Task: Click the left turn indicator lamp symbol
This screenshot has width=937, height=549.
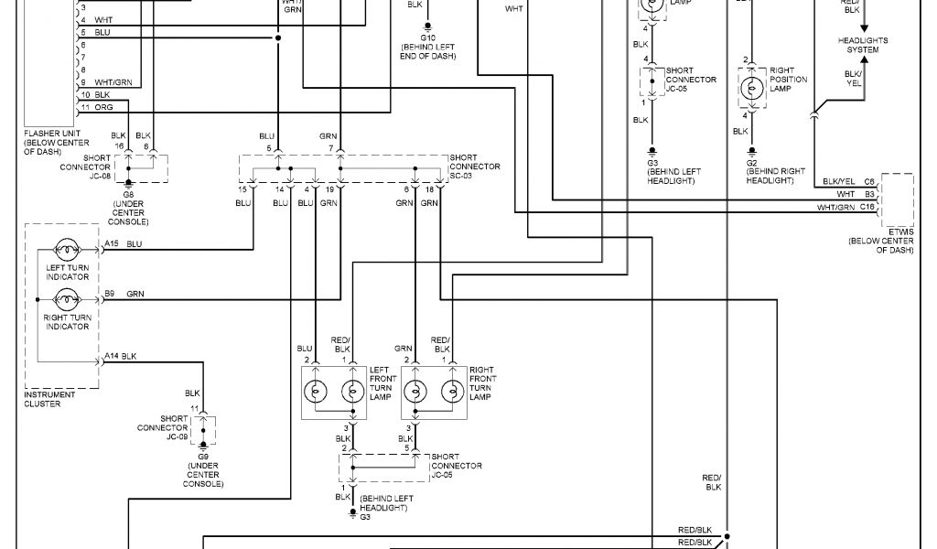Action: (x=66, y=247)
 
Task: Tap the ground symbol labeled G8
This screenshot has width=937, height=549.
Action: (x=127, y=183)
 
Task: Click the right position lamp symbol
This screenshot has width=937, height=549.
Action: (x=751, y=87)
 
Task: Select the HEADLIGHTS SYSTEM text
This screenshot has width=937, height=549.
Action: (x=863, y=45)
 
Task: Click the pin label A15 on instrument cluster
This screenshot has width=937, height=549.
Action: (x=111, y=243)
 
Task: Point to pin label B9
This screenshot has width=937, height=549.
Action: (x=109, y=293)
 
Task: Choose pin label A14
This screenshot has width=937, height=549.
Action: (x=111, y=355)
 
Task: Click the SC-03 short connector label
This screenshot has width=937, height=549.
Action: (x=475, y=167)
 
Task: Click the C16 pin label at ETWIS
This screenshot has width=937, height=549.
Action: (x=868, y=208)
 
